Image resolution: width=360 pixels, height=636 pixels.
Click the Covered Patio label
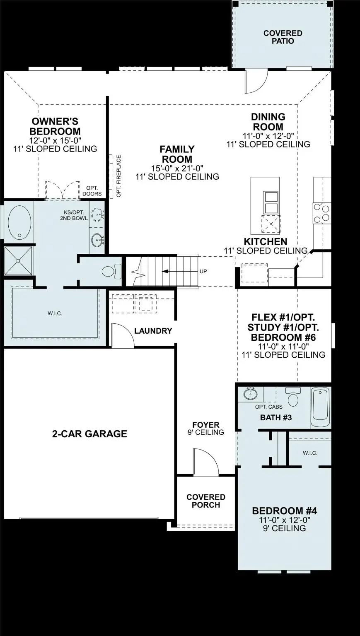click(283, 37)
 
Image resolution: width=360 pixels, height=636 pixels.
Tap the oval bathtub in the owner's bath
click(19, 222)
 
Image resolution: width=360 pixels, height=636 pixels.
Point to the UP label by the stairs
click(203, 272)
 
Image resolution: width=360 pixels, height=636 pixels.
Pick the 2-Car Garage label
click(89, 434)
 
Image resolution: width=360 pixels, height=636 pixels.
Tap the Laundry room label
click(153, 331)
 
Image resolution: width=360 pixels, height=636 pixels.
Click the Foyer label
click(206, 425)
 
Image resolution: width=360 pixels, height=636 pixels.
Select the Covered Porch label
click(206, 501)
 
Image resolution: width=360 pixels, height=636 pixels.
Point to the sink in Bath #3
click(250, 393)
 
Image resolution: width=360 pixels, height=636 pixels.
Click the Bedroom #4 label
click(284, 511)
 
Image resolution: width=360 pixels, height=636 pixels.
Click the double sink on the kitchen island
click(271, 202)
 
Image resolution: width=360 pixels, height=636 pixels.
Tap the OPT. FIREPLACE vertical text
click(119, 176)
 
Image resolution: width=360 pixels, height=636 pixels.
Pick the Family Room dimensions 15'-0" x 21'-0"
click(177, 168)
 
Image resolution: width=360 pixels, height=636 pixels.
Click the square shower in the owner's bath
click(19, 260)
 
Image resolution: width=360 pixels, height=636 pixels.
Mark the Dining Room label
click(268, 122)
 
